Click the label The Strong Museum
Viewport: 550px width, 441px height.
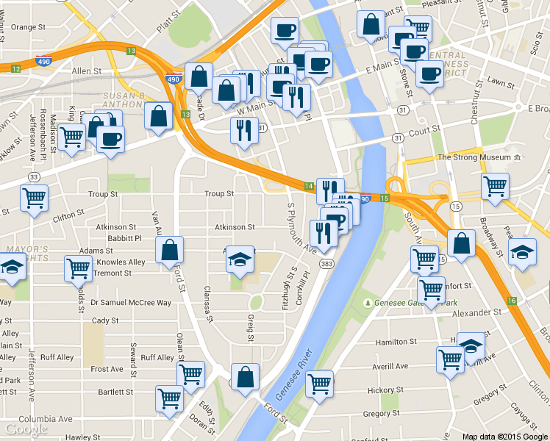click(x=474, y=157)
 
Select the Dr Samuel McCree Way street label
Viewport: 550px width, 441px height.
click(x=131, y=303)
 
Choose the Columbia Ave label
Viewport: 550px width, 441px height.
click(x=46, y=419)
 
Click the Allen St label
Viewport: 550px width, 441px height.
click(x=86, y=71)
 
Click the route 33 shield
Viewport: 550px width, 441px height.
click(x=33, y=177)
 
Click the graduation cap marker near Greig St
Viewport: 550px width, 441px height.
click(x=240, y=259)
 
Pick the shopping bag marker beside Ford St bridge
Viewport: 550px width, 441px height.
click(x=246, y=376)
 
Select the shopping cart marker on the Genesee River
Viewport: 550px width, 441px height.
click(x=320, y=383)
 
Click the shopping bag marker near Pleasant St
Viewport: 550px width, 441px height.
click(x=371, y=24)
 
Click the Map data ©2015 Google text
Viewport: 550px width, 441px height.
click(x=504, y=436)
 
